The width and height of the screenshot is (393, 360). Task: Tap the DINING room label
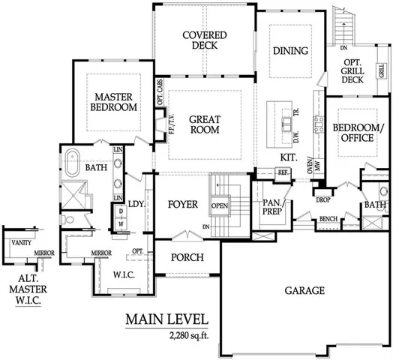pos(289,52)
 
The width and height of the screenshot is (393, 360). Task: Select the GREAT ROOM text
pos(203,124)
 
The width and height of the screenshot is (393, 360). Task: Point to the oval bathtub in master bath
pos(73,161)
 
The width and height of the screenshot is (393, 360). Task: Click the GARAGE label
pos(304,290)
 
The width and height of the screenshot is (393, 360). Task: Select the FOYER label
pos(182,203)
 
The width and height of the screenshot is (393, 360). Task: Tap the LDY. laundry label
pos(136,204)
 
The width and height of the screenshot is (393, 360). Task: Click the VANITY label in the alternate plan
pos(23,242)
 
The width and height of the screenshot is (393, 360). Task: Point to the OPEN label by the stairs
pos(219,205)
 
